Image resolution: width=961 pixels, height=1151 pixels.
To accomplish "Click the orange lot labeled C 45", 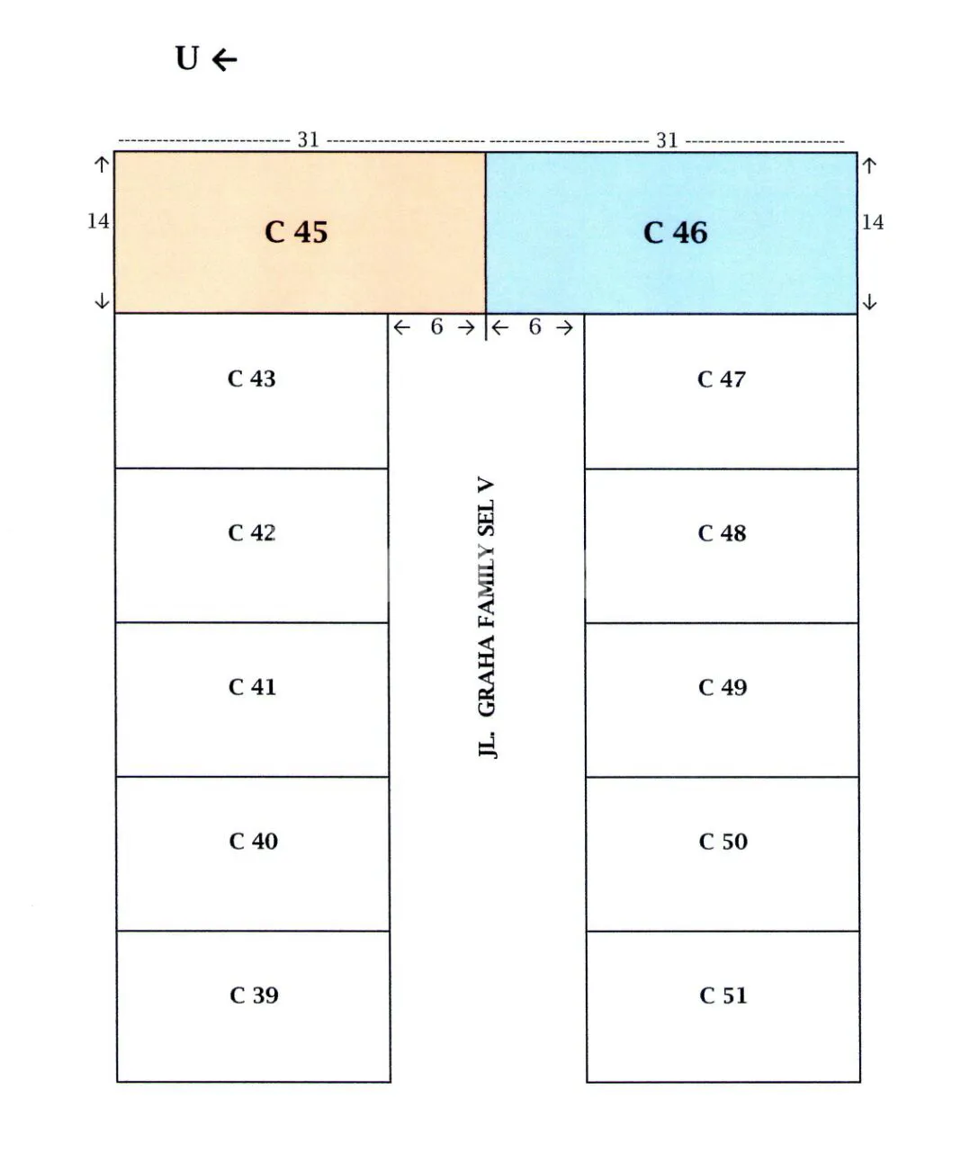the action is click(300, 232).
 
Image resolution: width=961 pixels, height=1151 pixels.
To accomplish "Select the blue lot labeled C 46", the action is click(671, 233).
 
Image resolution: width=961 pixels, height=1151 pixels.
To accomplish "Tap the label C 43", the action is click(252, 379).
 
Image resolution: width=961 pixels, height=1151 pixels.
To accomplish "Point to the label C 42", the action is click(252, 533).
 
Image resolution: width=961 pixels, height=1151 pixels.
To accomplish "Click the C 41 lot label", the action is click(252, 687).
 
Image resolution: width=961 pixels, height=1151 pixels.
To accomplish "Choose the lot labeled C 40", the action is click(253, 841).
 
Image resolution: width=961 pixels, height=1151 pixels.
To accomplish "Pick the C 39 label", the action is click(254, 995).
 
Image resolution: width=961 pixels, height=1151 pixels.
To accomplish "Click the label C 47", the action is click(722, 379).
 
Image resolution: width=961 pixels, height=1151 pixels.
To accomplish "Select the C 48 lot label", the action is click(723, 533).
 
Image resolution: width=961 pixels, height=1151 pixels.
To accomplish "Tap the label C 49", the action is click(723, 687).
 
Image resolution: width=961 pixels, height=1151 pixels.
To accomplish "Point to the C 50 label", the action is click(723, 842).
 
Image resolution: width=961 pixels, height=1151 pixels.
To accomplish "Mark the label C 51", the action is click(723, 995).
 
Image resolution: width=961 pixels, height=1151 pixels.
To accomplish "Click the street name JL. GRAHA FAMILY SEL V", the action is click(487, 618).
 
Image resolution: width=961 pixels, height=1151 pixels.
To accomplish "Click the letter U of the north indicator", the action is click(187, 58).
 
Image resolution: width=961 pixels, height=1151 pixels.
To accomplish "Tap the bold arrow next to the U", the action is click(225, 59).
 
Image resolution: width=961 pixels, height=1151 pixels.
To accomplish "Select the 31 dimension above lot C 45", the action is click(309, 140).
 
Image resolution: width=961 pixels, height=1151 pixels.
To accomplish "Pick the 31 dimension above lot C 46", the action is click(667, 140).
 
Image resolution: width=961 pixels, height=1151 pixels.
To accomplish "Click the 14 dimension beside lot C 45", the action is click(98, 221).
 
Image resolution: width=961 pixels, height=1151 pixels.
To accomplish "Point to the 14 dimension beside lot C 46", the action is click(873, 223).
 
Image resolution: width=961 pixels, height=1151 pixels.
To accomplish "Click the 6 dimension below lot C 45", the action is click(436, 327).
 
